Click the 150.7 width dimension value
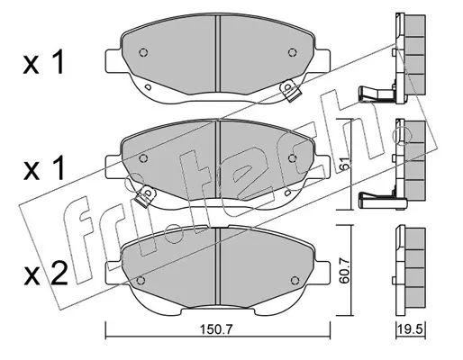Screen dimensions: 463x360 point(216,329)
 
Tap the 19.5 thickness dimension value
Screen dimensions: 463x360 point(410,329)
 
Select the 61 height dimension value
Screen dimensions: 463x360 point(345,164)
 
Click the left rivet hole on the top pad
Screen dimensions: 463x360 point(143,52)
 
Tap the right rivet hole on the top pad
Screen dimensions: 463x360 point(292,52)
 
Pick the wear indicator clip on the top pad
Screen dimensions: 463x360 point(289,91)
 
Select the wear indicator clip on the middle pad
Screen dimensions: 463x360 point(145,195)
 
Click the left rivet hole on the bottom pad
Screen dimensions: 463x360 point(141,280)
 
